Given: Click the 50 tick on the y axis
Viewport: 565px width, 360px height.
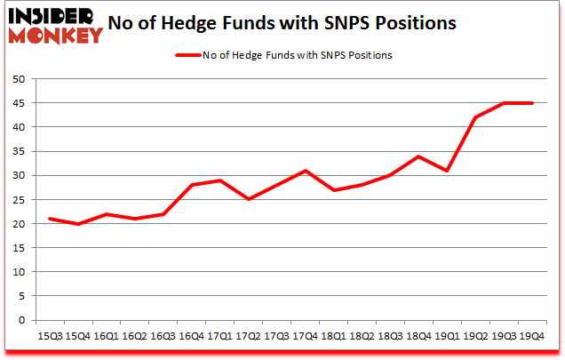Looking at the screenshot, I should tap(18, 79).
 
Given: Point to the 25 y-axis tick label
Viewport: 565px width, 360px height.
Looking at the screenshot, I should tap(18, 200).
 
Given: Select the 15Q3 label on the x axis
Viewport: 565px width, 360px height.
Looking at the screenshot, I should tap(51, 337).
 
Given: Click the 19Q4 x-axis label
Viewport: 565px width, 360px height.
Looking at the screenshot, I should tap(531, 337).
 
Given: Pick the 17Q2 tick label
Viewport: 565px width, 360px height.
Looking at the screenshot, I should tap(248, 337).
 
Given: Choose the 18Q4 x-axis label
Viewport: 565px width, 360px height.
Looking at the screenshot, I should tap(418, 337).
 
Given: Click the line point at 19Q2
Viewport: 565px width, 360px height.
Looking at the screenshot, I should tap(475, 117).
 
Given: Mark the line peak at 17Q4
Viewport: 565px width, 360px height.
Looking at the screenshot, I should tap(305, 171).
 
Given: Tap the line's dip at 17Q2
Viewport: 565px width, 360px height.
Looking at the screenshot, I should tap(248, 199).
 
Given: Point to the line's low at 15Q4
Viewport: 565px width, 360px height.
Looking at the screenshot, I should tap(78, 224).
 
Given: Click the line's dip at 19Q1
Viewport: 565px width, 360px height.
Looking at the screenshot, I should tap(447, 171).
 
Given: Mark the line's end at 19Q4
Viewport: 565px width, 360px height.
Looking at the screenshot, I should tap(532, 103).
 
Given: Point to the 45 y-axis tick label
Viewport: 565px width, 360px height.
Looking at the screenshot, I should tap(18, 103).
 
